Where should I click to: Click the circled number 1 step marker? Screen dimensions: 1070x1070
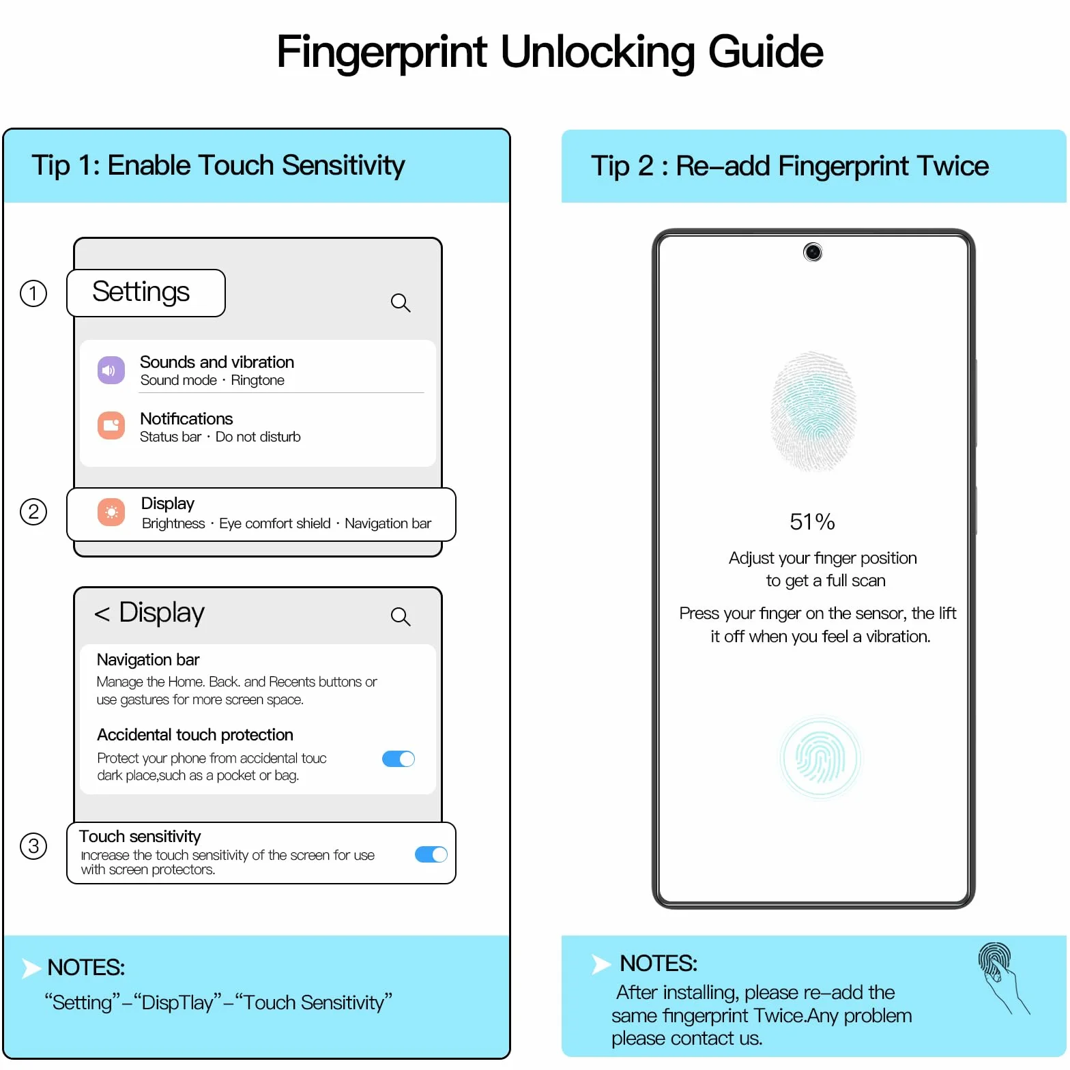[33, 293]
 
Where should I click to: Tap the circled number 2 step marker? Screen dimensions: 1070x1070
[33, 512]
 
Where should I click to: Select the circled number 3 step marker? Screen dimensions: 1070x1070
[33, 846]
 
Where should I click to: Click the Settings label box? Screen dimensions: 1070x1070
[146, 293]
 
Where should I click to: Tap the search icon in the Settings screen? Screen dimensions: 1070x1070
[401, 303]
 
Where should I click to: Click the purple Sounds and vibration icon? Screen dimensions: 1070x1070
[111, 371]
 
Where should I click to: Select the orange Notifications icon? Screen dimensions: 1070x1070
[111, 426]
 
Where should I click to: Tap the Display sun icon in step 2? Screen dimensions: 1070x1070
[111, 512]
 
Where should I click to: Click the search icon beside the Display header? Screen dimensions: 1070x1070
[401, 617]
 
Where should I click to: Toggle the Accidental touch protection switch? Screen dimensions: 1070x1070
[399, 759]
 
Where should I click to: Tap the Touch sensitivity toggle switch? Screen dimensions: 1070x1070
[431, 854]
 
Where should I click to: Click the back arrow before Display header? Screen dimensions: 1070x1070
[102, 614]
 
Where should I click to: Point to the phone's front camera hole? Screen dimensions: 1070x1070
[813, 252]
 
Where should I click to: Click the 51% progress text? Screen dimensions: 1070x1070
[812, 522]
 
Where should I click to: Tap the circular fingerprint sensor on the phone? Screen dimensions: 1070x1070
[820, 758]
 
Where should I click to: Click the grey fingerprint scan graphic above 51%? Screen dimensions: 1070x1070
[813, 411]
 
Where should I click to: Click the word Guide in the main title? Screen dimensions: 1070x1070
[766, 53]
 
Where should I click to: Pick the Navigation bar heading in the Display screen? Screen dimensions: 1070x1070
[148, 660]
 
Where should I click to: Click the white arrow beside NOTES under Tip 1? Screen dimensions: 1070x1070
[31, 968]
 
